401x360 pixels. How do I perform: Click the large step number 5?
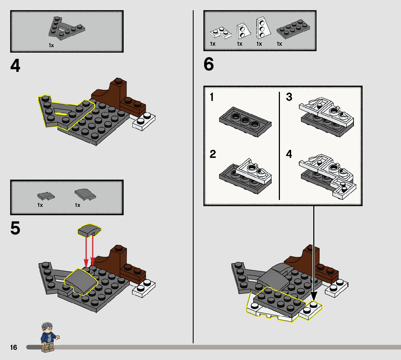coord(16,228)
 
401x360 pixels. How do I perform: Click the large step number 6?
coord(209,65)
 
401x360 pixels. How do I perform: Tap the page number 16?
coord(13,348)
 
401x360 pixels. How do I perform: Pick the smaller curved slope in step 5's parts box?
coord(45,196)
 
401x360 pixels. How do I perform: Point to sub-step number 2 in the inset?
coord(213,154)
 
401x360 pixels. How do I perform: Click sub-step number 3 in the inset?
coord(289,97)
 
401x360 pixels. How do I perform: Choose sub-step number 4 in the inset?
coord(289,154)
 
